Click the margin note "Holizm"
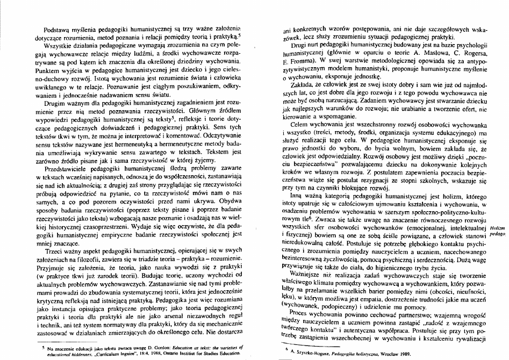point(498,228)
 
